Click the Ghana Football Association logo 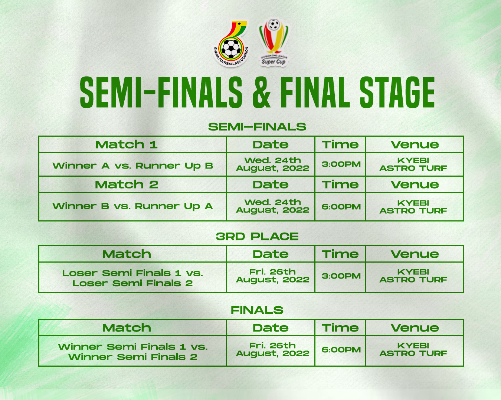231,43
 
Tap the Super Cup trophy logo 274,42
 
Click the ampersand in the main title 262,92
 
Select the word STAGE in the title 397,92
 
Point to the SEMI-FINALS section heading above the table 257,127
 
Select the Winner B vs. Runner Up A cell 133,206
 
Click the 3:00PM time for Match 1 341,164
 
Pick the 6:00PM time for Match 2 341,207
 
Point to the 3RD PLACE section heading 257,236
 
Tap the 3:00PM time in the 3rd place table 341,276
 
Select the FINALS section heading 257,310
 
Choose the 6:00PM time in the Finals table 341,350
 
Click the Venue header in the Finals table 415,328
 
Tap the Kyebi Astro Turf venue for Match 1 413,164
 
